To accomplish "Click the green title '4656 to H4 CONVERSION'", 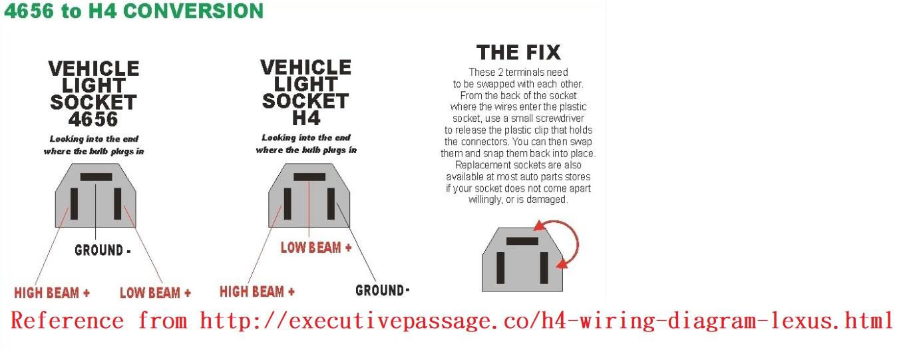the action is (x=134, y=11).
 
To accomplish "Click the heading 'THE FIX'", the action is (x=518, y=53).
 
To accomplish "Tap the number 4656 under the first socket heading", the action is (x=93, y=120).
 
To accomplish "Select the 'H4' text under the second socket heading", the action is (x=306, y=118).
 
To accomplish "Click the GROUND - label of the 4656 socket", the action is (x=102, y=250).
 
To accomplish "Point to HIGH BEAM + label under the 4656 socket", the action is (x=52, y=293).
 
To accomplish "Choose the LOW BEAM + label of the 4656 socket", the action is (x=155, y=293).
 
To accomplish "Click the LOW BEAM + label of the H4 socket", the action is (x=316, y=248).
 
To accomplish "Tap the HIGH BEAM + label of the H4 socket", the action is (x=257, y=291).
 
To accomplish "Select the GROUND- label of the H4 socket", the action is (x=383, y=290).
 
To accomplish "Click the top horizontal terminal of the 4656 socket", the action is (x=96, y=177).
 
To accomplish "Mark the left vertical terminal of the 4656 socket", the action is (x=74, y=204).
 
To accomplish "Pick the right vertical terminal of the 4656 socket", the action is (x=117, y=204).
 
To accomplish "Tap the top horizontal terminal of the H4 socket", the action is (x=309, y=177).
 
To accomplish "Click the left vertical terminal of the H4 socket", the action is (x=287, y=204).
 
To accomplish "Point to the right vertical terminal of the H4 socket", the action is (x=331, y=204).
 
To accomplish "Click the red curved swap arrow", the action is (x=578, y=243).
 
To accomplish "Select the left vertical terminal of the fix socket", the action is (x=500, y=268).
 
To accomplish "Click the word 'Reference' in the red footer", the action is (x=67, y=321).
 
